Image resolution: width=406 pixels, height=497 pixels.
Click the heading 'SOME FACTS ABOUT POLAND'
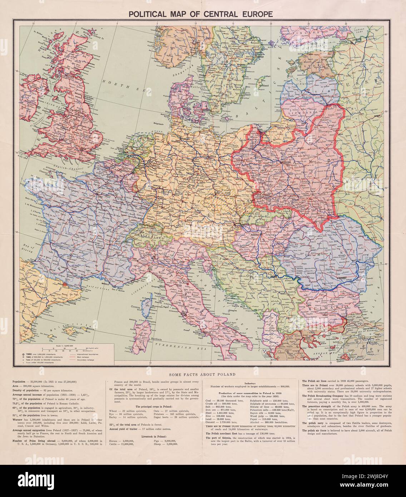pyautogui.click(x=203, y=374)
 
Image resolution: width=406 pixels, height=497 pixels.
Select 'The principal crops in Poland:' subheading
pyautogui.click(x=154, y=407)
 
